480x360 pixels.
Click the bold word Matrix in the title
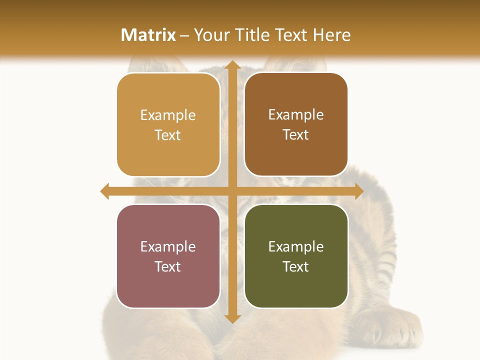coord(148,35)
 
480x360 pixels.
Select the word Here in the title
coord(331,35)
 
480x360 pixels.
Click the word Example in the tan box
coord(168,115)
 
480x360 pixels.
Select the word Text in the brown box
coord(296,135)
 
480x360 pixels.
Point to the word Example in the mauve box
coord(168,247)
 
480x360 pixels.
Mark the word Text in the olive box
coord(296,266)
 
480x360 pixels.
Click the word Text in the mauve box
coord(168,266)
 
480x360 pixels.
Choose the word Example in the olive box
coord(296,247)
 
